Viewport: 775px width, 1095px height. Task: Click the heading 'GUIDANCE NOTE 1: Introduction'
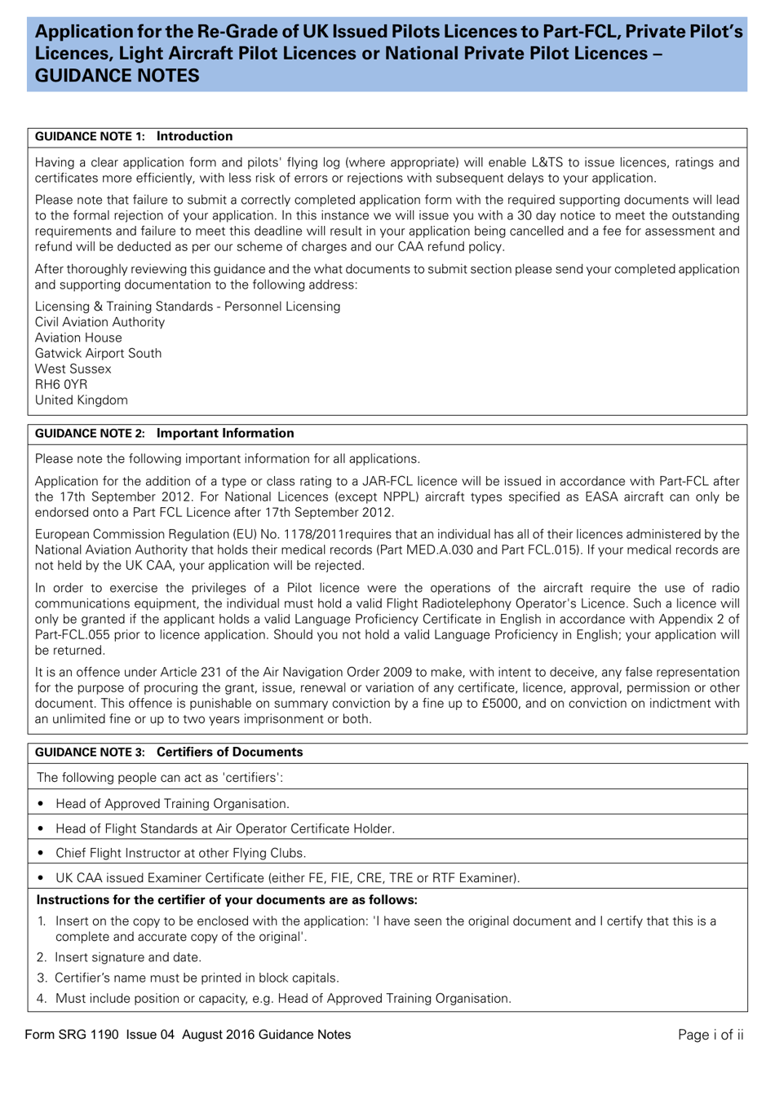(134, 137)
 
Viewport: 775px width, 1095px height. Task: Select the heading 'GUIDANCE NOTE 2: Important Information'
(164, 434)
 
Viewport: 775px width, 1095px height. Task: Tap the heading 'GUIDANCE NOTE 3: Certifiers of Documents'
(168, 753)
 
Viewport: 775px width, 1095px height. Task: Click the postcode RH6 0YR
(61, 385)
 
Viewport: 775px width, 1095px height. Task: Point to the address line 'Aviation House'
(78, 338)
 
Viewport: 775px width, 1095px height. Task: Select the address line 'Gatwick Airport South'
(98, 353)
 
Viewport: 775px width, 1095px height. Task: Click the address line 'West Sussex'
(73, 369)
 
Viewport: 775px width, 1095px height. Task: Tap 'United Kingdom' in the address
(81, 400)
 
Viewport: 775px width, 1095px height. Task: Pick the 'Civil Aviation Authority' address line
(100, 322)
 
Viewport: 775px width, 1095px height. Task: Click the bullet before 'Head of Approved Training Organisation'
(41, 804)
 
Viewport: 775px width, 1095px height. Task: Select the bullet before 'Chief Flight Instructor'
(41, 854)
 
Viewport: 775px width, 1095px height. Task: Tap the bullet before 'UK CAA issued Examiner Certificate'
(41, 878)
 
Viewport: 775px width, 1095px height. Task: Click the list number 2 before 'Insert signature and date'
(42, 957)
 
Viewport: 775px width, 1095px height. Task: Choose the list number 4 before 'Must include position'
(42, 999)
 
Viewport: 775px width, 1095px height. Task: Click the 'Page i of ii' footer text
(711, 1035)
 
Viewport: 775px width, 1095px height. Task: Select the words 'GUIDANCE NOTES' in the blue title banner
(117, 76)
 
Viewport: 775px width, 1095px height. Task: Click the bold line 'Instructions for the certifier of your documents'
(227, 900)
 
